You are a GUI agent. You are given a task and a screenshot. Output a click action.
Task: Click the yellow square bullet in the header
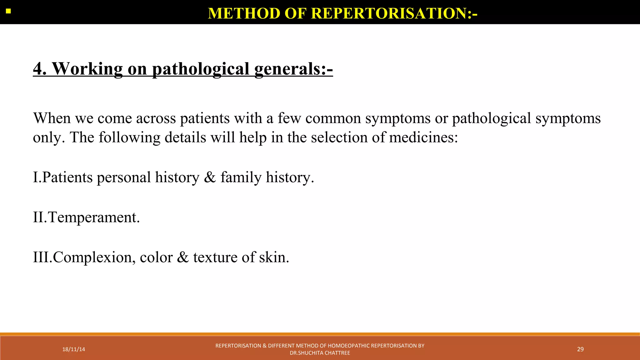coord(8,12)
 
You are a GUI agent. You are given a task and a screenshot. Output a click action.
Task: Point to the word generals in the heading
coord(287,69)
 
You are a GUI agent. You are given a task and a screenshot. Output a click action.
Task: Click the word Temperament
coord(94,217)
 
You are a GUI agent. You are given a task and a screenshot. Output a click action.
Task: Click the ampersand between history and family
coord(210,177)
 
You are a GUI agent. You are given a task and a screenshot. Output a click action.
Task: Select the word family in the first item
coord(241,177)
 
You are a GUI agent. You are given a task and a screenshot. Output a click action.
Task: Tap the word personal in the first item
coord(124,177)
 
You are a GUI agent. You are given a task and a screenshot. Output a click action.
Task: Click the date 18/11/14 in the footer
coord(73,349)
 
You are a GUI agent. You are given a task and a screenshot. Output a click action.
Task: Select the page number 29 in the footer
coord(580,349)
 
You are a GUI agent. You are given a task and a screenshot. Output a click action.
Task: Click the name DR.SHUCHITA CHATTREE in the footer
coord(320,353)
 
